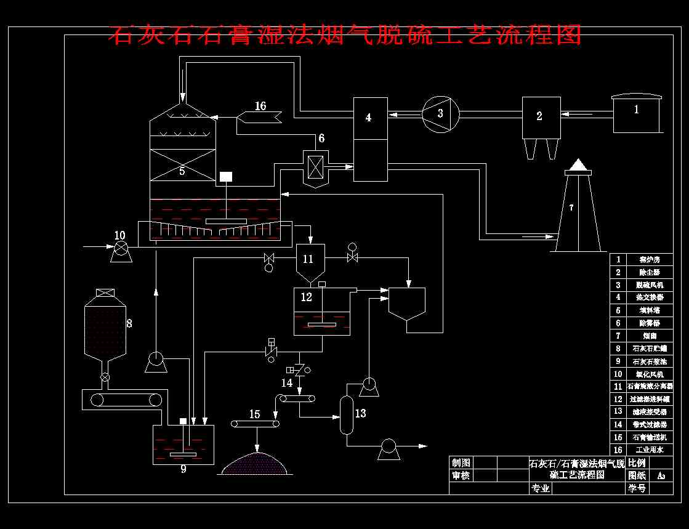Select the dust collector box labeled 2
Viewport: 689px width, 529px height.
tap(541, 117)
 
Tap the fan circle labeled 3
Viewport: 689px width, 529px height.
tap(441, 113)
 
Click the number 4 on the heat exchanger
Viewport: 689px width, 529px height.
tap(368, 117)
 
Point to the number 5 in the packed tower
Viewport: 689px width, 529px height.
tap(182, 171)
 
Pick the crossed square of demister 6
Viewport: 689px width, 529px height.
tap(315, 166)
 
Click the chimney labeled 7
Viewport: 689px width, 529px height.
tap(578, 209)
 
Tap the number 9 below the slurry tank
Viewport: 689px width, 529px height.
tap(183, 469)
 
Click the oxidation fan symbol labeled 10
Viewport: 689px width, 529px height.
tap(121, 248)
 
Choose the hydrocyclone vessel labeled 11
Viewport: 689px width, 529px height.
tap(310, 262)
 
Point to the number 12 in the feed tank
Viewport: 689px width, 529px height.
tap(307, 297)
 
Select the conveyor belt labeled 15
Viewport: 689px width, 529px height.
tap(255, 423)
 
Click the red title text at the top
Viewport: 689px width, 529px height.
tap(345, 35)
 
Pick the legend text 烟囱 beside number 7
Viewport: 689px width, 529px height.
tap(649, 336)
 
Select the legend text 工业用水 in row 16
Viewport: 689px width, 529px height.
tap(649, 450)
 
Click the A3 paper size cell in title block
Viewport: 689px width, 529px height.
tap(661, 475)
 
